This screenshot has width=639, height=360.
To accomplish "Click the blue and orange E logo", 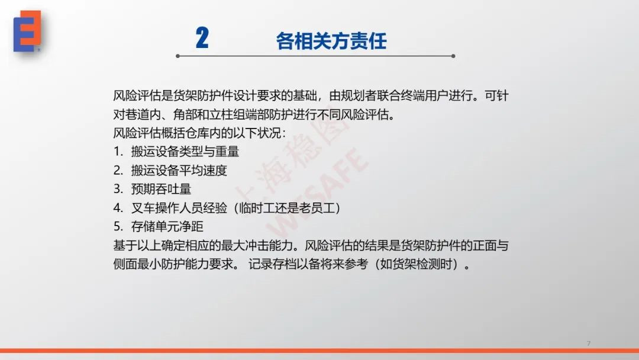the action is tap(27, 31).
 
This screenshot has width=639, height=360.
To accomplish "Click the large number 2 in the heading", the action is tap(202, 38).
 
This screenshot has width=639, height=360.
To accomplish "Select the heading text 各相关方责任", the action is tap(331, 41).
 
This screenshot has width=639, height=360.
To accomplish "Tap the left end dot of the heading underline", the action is tap(177, 56).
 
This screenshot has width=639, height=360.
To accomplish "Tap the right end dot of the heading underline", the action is tap(453, 56).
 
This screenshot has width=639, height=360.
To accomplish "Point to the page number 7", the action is tap(589, 343).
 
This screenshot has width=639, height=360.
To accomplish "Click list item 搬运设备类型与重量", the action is tap(185, 152).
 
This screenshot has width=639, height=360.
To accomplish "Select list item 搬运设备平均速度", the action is tap(179, 171).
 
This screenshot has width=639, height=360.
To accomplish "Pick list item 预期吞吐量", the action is tap(161, 189).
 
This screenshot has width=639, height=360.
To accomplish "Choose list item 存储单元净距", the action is tap(167, 227).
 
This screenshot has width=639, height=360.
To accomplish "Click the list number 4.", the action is tap(117, 208).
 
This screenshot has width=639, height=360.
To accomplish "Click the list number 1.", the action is tap(117, 152).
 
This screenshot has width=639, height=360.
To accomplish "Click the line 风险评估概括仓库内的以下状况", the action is tap(200, 133).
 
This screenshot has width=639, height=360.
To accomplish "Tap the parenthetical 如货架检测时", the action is tap(417, 264).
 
